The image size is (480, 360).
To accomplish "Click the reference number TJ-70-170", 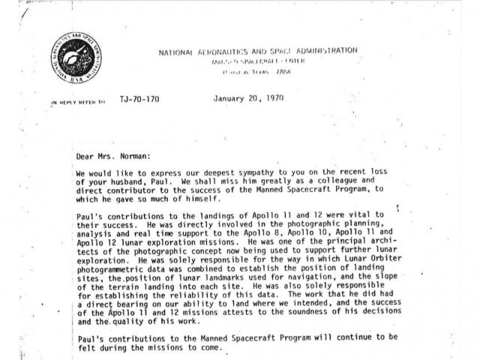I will point(139,99).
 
